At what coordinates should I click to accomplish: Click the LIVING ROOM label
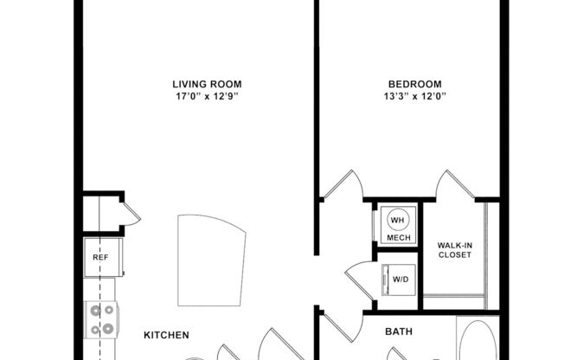point(206,84)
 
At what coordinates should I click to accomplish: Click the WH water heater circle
point(398,219)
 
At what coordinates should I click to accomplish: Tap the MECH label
point(398,237)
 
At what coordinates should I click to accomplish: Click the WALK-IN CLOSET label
point(454,250)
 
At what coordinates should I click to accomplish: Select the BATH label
point(398,330)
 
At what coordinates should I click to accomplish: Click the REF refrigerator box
point(100,257)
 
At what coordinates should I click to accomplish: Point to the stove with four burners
point(101,318)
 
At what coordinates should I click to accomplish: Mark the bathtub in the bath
point(477,341)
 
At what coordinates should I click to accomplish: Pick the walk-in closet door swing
point(452,184)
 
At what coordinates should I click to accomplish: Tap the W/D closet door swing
point(359,279)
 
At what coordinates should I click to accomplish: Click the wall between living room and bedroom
point(317,95)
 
